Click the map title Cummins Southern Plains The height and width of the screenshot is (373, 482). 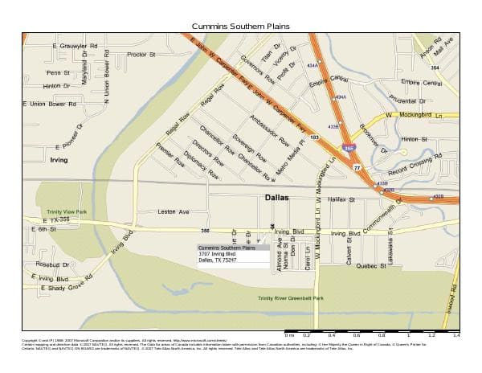[x=240, y=26]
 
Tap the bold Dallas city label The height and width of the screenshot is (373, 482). [x=276, y=197]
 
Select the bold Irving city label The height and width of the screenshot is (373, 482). [x=59, y=160]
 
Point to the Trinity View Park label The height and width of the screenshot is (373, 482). [x=66, y=212]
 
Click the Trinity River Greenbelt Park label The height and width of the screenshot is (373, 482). [x=290, y=298]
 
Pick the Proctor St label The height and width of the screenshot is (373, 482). [x=141, y=55]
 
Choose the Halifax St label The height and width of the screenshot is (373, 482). [x=341, y=199]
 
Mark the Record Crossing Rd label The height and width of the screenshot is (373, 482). [x=415, y=164]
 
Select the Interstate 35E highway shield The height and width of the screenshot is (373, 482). [x=349, y=149]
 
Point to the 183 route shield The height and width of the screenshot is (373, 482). [x=315, y=138]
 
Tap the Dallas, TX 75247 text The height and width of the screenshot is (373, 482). [x=218, y=260]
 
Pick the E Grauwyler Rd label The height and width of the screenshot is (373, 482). [x=75, y=46]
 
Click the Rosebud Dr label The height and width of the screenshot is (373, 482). [x=53, y=264]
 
